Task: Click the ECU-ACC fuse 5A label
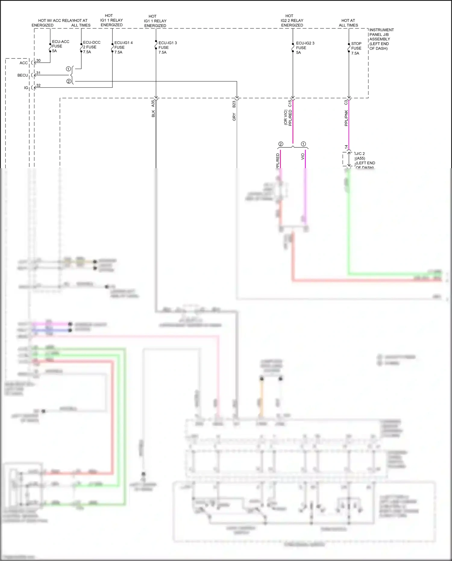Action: [60, 46]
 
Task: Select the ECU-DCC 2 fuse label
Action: [91, 47]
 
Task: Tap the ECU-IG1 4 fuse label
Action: [123, 47]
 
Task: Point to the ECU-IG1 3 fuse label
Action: [167, 48]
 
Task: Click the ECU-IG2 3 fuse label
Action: [305, 48]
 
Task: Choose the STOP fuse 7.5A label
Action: [356, 48]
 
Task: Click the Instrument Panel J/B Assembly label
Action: [381, 39]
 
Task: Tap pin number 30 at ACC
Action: [38, 61]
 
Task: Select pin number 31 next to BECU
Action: [38, 73]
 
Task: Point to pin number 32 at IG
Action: [38, 86]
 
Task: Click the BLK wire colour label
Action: [153, 114]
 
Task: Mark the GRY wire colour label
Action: [234, 117]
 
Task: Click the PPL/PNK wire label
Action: [346, 118]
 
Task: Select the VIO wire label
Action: [303, 156]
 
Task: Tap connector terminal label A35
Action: [153, 103]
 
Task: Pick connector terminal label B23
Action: [234, 104]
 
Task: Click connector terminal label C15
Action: [290, 103]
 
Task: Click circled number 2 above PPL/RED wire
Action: [281, 144]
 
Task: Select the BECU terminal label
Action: [23, 75]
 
